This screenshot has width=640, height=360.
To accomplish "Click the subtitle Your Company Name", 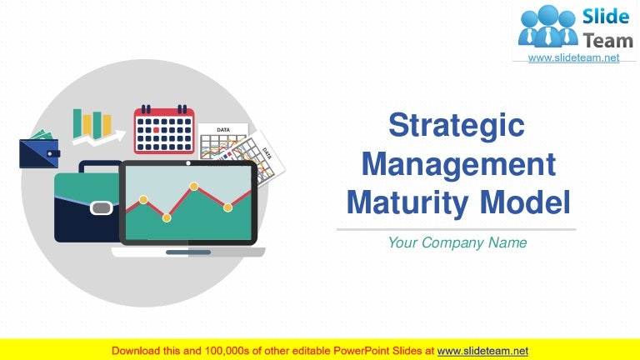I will click(x=457, y=242).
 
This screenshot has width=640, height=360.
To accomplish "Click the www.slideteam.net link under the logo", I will click(x=574, y=57).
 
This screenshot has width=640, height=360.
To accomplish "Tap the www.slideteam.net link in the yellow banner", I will click(x=482, y=351).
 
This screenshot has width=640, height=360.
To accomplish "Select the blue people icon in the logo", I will click(x=547, y=26).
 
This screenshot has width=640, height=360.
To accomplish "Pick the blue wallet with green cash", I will click(x=39, y=151).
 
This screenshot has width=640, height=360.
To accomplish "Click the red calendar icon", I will click(x=164, y=131).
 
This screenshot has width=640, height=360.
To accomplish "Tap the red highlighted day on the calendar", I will click(x=156, y=130).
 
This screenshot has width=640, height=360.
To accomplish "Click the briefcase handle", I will click(x=87, y=166).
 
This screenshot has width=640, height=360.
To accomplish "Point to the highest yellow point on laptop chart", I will click(x=193, y=186).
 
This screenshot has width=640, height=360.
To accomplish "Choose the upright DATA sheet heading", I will click(x=223, y=130).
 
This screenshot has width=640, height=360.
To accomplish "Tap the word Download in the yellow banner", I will click(x=138, y=351).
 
